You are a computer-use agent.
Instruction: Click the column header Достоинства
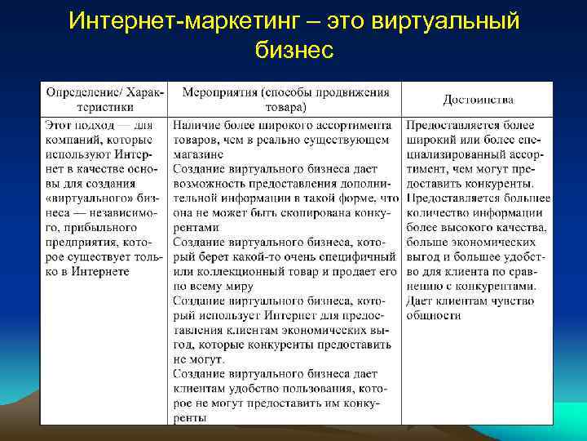[478, 100]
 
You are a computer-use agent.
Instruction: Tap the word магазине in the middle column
[198, 154]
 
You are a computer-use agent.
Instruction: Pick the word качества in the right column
[521, 228]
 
